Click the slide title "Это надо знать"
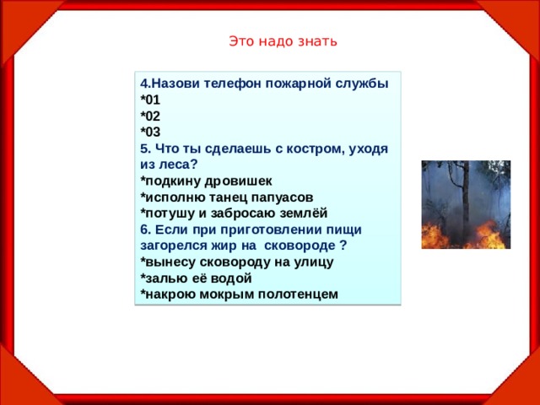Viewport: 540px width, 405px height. point(283,41)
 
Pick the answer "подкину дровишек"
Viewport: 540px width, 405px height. point(207,181)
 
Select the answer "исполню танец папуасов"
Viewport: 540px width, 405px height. point(227,197)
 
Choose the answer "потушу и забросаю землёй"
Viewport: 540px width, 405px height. point(234,213)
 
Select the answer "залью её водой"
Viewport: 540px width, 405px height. point(197,278)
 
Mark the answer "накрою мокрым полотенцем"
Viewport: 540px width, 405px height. point(240,294)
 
